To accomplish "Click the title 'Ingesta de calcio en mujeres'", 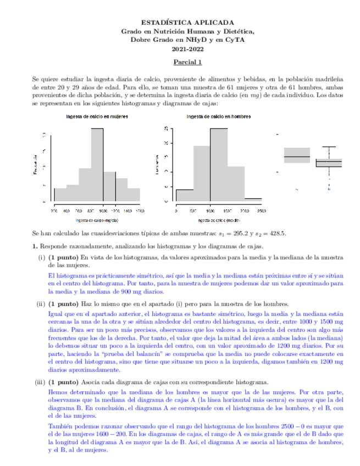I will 97,116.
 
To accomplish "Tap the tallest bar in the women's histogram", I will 97,165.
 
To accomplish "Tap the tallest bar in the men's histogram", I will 219,165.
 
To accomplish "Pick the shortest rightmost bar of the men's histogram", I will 253,199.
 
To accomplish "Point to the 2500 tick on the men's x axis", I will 261,211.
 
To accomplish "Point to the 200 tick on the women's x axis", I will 54,211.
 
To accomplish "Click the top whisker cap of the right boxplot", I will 329,147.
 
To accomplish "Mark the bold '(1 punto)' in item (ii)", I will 63,303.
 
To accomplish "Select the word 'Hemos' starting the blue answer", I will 58,393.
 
